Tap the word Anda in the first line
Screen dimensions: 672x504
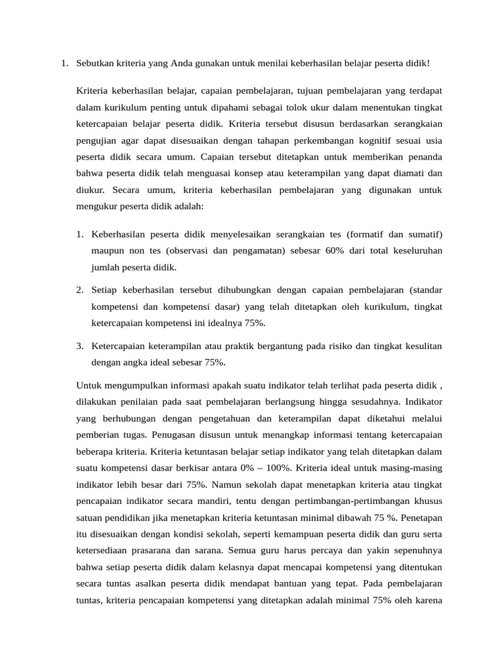click(x=183, y=64)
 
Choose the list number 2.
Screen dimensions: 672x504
click(x=79, y=289)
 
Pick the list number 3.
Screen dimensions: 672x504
click(x=79, y=345)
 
